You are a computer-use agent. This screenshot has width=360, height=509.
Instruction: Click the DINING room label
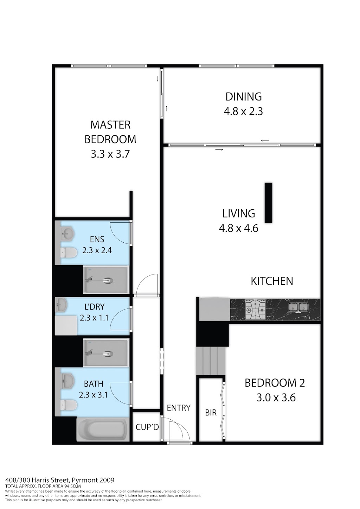coord(244,97)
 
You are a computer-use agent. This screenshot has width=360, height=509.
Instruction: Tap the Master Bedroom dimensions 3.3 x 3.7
coord(110,154)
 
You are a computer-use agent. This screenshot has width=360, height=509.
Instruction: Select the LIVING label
coord(238,214)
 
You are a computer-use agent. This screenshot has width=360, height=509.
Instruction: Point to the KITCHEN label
coord(272,281)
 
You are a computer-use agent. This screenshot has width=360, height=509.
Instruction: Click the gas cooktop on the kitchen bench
coord(256,310)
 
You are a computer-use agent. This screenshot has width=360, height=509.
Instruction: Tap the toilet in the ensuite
coord(69,253)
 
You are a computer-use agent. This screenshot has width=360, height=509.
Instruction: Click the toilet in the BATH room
coord(69,405)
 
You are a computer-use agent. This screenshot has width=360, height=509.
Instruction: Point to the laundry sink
coord(62,305)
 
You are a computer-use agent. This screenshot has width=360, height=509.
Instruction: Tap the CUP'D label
coord(147,427)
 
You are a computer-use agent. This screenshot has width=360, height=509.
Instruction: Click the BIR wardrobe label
coord(211,413)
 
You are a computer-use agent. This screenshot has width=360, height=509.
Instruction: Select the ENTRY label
coord(179,408)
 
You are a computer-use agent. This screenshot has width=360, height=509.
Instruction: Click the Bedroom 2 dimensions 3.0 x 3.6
coord(276,398)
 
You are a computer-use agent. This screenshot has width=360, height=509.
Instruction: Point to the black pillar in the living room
coord(268,203)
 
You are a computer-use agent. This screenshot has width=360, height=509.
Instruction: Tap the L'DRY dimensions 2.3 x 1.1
coord(94,318)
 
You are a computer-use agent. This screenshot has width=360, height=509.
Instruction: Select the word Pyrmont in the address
coord(86,480)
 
